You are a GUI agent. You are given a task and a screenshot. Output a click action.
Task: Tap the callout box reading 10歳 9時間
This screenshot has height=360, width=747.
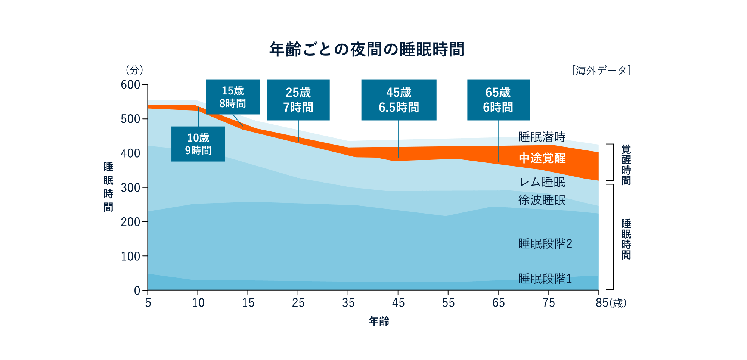(198, 144)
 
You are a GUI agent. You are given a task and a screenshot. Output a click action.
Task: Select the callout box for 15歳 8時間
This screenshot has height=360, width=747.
(233, 97)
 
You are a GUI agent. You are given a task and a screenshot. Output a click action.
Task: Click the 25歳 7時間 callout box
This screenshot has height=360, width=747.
(298, 100)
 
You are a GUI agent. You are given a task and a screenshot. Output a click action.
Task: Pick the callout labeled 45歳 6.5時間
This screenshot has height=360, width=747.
(399, 100)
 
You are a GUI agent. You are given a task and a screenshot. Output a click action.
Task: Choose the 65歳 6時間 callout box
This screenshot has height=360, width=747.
(498, 100)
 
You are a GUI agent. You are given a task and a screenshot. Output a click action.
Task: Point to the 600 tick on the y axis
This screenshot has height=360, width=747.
(130, 85)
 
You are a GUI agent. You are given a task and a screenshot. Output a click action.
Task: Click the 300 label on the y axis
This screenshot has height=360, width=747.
(130, 187)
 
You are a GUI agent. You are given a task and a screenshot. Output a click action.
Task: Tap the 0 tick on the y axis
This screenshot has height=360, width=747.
(137, 291)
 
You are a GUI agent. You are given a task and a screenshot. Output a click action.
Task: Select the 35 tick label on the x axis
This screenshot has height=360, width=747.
(348, 303)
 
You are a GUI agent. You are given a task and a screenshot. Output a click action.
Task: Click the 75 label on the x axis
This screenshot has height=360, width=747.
(548, 303)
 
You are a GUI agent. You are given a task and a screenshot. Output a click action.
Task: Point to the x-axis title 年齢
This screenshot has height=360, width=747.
(379, 321)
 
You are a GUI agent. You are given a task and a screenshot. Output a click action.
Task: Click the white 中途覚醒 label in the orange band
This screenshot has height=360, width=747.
(542, 158)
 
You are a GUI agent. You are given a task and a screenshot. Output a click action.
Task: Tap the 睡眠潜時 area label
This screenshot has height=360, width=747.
(542, 137)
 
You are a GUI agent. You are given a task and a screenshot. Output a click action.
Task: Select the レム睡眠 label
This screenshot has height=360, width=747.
(542, 182)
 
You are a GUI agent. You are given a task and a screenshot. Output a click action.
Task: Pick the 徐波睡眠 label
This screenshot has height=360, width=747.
(542, 200)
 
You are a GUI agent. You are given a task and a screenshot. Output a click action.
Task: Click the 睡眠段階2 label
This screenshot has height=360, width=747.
(545, 244)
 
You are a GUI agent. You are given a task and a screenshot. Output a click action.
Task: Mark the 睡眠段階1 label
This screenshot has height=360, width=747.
(545, 279)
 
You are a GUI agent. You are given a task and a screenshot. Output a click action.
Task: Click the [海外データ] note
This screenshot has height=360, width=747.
(601, 70)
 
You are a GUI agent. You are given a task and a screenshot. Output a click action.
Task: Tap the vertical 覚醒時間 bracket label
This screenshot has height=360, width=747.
(626, 165)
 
